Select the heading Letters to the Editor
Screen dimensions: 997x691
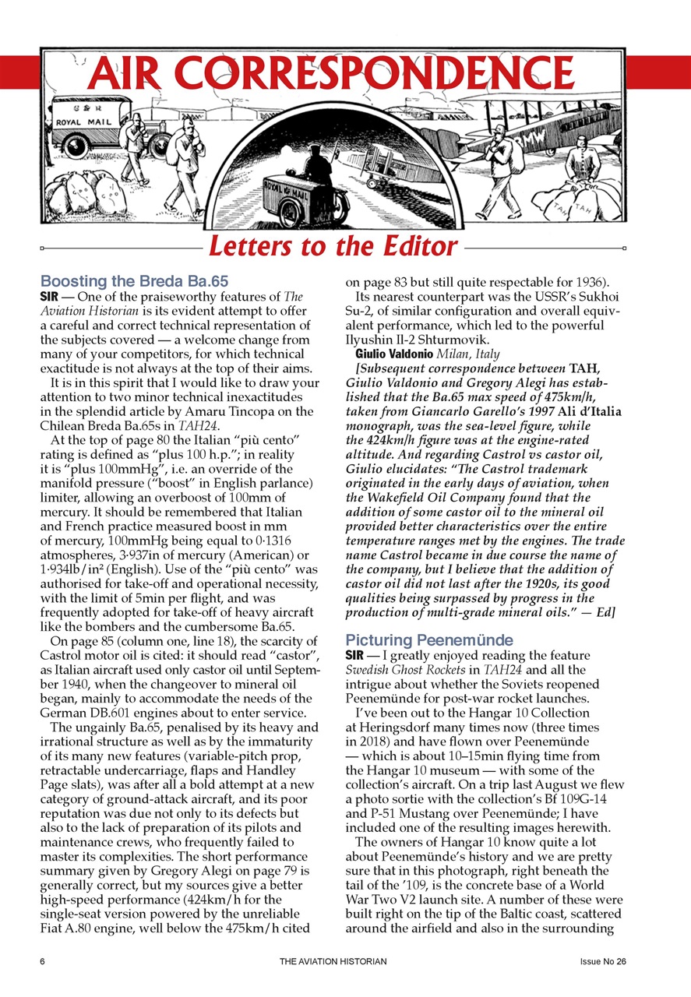pos(333,246)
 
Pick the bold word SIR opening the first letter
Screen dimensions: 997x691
pos(51,296)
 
